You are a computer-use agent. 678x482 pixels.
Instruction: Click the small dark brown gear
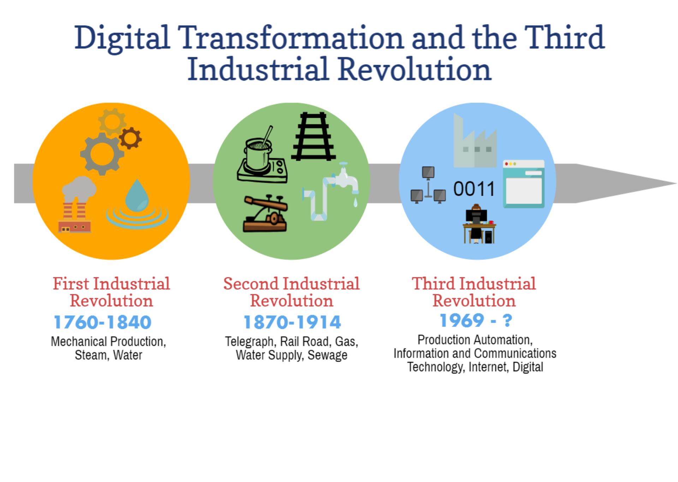coord(130,138)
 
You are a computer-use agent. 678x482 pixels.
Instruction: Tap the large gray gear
coord(102,154)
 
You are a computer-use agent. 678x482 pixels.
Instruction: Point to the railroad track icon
coord(313,137)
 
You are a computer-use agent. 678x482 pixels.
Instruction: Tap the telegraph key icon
coord(265,213)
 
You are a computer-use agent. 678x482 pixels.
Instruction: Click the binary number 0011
coord(474,189)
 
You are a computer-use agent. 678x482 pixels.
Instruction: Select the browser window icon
coord(524,183)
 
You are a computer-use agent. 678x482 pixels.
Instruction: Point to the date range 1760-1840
coord(103,322)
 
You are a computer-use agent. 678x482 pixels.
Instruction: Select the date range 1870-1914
coord(292,322)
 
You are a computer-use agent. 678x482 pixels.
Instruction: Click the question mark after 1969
coord(507,320)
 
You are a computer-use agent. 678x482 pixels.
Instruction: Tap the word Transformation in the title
coord(291,38)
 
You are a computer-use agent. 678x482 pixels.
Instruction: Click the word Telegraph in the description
coord(250,342)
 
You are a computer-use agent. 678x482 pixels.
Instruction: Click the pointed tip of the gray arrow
coord(676,183)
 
